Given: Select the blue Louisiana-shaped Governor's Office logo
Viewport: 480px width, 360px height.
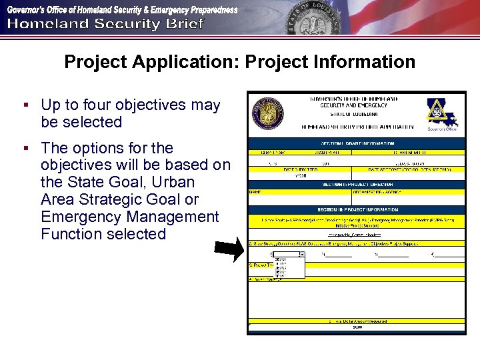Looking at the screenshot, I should click(442, 113).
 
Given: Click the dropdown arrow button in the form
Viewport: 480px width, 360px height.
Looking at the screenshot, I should click(302, 254).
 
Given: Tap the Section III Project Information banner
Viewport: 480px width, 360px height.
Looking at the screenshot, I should click(357, 209).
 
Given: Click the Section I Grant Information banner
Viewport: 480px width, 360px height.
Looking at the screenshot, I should click(357, 143).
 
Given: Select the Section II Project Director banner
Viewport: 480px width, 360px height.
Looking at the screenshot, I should click(357, 184).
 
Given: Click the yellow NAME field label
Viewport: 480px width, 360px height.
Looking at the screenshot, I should click(255, 192).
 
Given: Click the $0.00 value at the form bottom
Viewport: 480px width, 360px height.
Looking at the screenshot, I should click(357, 327).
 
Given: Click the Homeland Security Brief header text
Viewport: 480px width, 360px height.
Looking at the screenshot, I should click(105, 25).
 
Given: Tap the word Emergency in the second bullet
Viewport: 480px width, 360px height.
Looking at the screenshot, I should click(77, 217).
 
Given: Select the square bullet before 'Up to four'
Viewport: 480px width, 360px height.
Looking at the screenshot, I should click(25, 105).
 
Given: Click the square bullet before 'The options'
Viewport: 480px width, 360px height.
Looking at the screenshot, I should click(25, 147).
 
